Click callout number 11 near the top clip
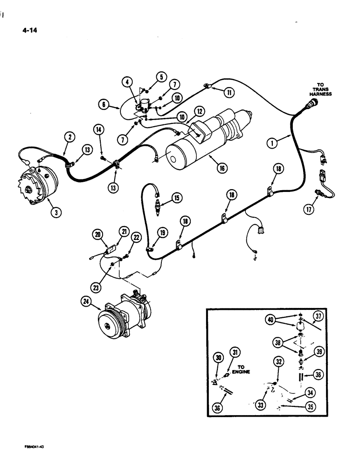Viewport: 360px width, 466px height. [229, 92]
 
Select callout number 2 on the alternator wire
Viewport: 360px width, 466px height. [69, 137]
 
